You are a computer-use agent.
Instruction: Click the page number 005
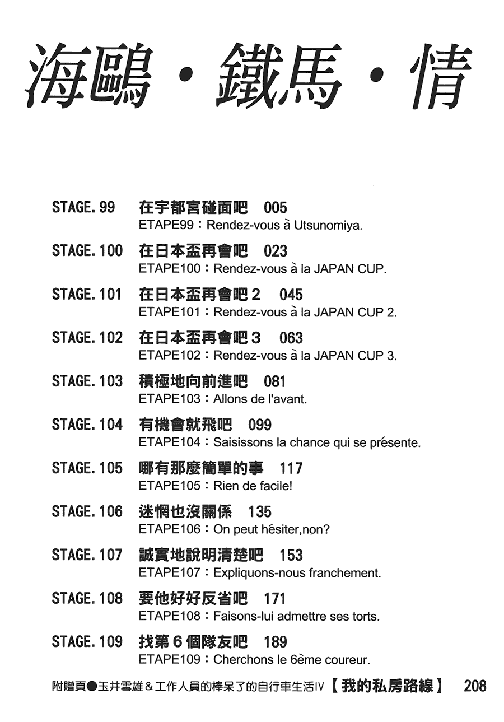pyautogui.click(x=275, y=207)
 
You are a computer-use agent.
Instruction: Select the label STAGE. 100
pyautogui.click(x=87, y=250)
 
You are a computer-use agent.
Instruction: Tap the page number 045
pyautogui.click(x=291, y=294)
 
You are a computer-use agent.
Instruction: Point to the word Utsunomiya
pyautogui.click(x=328, y=225)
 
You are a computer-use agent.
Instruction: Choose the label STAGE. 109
pyautogui.click(x=87, y=641)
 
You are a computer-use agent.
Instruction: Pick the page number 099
pyautogui.click(x=260, y=425)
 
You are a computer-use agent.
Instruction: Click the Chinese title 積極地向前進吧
pyautogui.click(x=193, y=381)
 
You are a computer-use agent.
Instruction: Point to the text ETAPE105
pyautogui.click(x=170, y=486)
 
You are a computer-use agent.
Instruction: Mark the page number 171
pyautogui.click(x=275, y=599)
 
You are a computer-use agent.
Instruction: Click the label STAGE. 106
pyautogui.click(x=87, y=511)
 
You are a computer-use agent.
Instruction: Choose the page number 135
pyautogui.click(x=260, y=511)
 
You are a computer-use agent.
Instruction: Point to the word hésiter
pyautogui.click(x=276, y=529)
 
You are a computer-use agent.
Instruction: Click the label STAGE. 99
pyautogui.click(x=83, y=207)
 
